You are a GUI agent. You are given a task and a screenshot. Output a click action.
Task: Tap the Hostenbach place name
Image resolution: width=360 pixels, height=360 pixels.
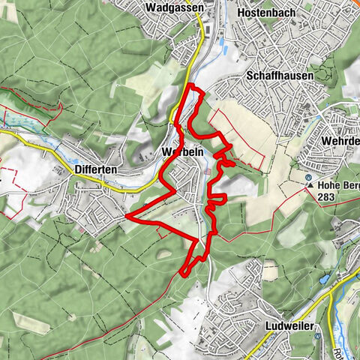(x=261, y=13)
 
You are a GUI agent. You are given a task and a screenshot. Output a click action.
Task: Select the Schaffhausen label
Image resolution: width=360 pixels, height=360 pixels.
(x=279, y=76)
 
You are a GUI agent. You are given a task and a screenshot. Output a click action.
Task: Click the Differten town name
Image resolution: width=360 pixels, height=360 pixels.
(x=95, y=170)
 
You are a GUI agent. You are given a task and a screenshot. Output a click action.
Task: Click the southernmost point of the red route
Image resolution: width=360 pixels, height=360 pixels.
(x=184, y=274)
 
